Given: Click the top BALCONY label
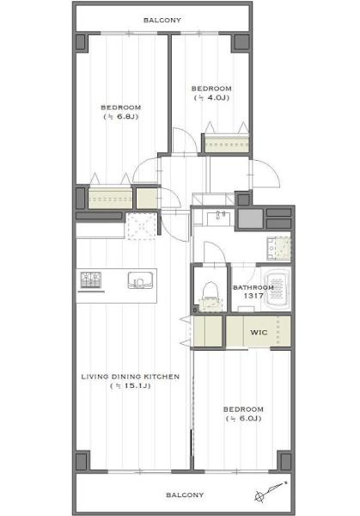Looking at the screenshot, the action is click(162, 20).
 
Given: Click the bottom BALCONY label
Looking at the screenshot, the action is click(185, 495).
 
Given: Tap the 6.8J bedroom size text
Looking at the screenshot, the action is click(120, 116).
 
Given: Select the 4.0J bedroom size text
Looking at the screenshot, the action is click(211, 98).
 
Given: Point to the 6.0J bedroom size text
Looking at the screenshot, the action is click(243, 419).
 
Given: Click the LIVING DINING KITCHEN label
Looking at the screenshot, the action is click(131, 377).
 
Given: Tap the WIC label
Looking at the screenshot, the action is click(259, 332).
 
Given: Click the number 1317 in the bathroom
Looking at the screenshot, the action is click(253, 296).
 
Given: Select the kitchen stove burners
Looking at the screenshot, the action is click(91, 279).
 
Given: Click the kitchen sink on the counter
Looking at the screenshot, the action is click(140, 280).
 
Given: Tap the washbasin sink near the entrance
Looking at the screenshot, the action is click(220, 218).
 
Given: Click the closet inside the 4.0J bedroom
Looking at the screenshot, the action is click(226, 143).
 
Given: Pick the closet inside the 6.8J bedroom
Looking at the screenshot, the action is click(110, 198).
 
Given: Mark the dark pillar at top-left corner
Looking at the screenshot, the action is click(81, 42).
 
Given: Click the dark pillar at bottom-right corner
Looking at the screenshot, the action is click(285, 461).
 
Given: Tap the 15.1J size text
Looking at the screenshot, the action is click(131, 385).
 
